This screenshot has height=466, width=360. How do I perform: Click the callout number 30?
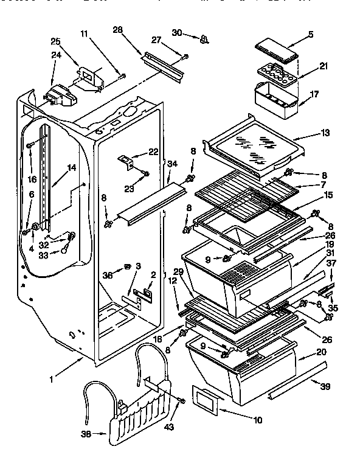pyautogui.click(x=177, y=32)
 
